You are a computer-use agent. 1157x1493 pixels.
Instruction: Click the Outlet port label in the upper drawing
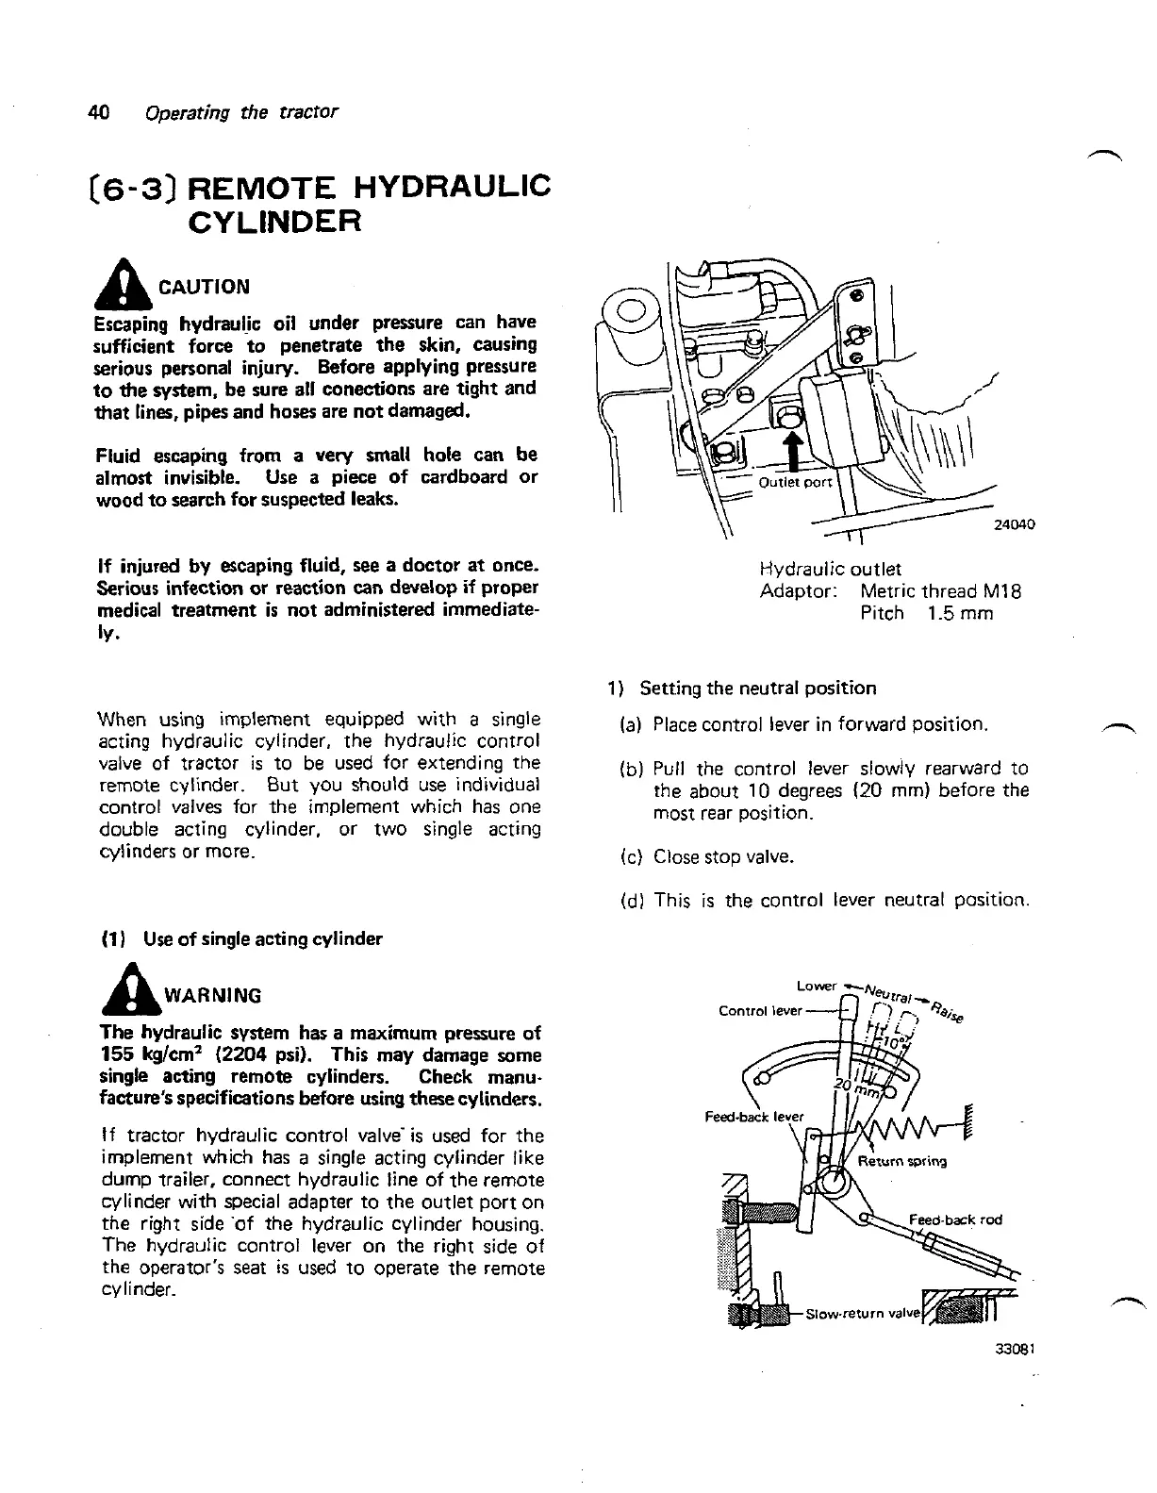[x=796, y=483]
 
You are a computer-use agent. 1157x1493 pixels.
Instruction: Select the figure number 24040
[x=1015, y=525]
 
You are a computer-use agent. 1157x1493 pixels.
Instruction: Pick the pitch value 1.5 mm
[x=960, y=614]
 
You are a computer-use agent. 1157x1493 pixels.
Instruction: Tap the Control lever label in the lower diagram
[x=760, y=1011]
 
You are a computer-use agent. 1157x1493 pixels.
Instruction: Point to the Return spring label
[x=902, y=1161]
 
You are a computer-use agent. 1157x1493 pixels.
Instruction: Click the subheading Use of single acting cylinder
[x=262, y=939]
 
